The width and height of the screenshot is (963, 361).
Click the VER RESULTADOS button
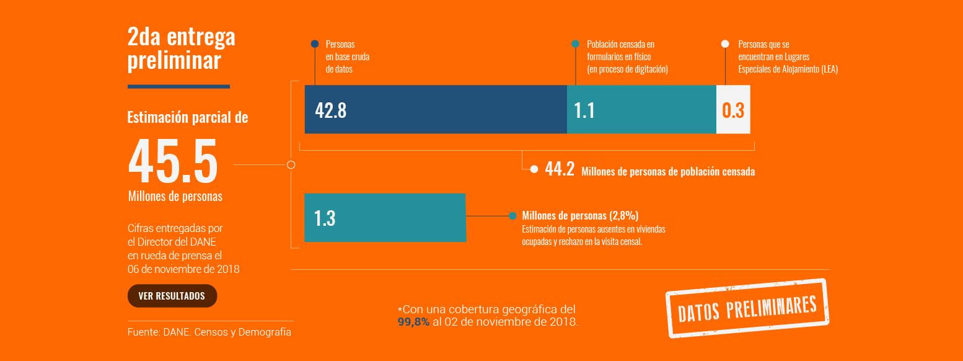(172, 296)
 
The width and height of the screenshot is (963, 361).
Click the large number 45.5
(173, 161)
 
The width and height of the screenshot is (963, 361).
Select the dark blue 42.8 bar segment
(436, 109)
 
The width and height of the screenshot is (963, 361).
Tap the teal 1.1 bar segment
(641, 109)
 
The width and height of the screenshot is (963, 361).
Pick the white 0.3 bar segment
(733, 110)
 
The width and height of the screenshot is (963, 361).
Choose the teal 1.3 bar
(385, 218)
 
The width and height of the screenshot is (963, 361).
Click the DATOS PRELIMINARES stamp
(747, 308)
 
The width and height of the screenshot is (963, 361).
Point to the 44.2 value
(560, 169)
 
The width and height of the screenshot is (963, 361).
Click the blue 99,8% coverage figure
(413, 322)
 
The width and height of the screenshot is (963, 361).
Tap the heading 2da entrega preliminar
(181, 48)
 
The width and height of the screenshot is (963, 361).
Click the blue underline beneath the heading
(178, 86)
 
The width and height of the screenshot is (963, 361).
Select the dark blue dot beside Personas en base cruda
(315, 44)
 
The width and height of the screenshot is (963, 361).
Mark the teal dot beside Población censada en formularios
(575, 44)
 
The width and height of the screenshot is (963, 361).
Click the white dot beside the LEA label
(725, 44)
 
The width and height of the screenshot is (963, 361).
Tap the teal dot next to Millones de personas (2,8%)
(512, 216)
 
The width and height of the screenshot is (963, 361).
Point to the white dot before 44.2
(534, 169)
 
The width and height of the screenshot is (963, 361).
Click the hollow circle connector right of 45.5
(291, 165)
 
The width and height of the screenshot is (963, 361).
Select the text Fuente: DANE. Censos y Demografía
(209, 332)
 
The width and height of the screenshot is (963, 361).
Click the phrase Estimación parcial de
(188, 117)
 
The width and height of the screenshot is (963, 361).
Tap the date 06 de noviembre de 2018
(183, 269)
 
